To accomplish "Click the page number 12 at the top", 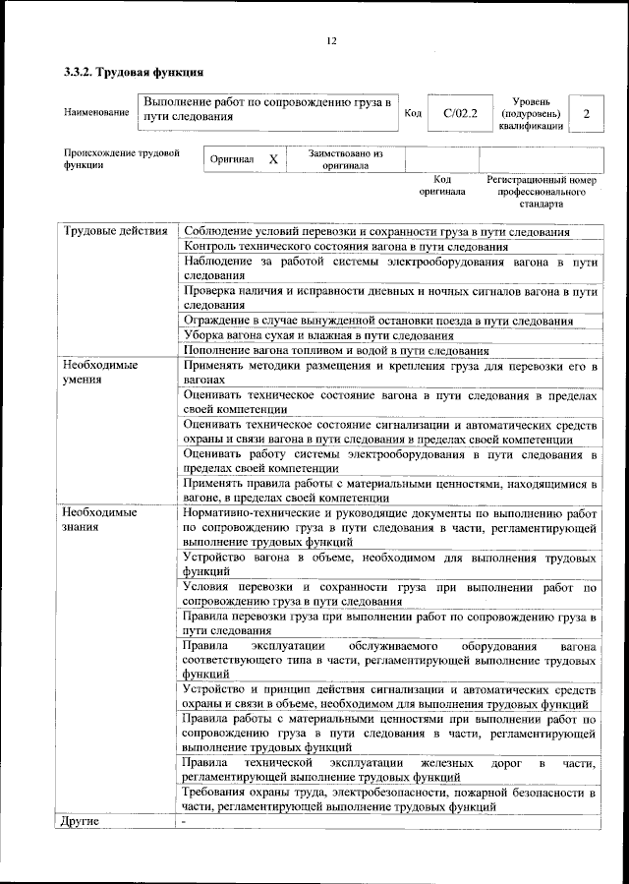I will (331, 40).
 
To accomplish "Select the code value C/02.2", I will (460, 113).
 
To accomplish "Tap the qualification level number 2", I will (586, 114).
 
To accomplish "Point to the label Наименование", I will (96, 112).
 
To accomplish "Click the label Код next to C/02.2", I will (413, 113).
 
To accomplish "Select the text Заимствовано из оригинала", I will (345, 159).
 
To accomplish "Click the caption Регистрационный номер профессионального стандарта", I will (542, 193).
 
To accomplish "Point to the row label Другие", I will (82, 820).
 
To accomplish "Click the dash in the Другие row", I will (185, 820).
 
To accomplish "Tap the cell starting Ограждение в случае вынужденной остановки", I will (379, 321).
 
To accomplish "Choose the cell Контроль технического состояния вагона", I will (346, 247).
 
